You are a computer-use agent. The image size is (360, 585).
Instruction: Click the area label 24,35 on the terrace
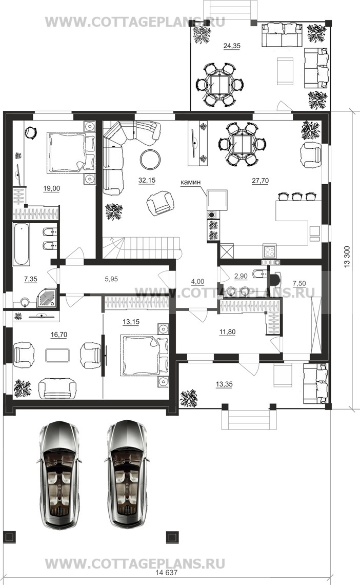232,46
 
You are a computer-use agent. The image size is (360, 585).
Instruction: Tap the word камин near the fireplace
190,182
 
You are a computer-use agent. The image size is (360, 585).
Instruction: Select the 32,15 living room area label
147,180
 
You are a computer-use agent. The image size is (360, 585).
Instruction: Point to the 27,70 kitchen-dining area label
260,181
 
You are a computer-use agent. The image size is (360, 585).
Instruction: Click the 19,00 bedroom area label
51,188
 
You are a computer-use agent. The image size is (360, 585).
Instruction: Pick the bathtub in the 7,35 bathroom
22,244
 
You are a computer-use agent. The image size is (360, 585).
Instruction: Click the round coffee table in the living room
151,159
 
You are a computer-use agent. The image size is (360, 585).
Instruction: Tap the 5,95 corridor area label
111,279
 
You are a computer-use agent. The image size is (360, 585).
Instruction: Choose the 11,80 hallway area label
227,331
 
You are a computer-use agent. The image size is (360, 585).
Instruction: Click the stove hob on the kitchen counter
270,250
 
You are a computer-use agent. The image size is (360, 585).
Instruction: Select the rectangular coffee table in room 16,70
57,355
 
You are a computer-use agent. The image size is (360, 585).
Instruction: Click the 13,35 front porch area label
224,384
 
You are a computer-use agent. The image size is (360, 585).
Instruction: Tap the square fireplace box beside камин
217,200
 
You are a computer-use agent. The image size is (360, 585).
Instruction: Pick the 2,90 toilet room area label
241,276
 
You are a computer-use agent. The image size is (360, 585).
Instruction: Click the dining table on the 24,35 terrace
219,84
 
